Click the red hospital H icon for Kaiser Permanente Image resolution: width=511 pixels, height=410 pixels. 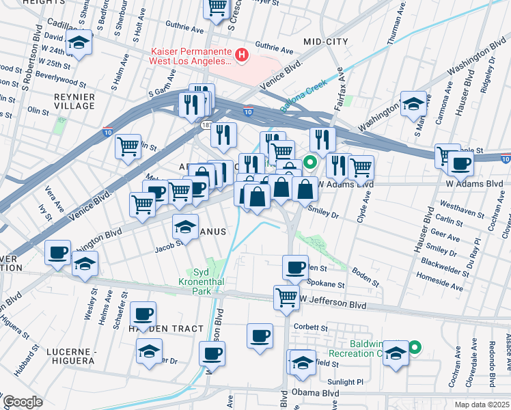(240, 54)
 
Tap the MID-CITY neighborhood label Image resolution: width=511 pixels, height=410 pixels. (325, 42)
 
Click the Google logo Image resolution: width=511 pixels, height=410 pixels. (23, 402)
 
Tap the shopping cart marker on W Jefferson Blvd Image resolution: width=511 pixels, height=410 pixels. (286, 297)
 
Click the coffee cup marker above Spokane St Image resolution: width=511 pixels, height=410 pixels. (296, 266)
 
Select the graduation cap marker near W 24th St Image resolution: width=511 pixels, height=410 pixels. (80, 43)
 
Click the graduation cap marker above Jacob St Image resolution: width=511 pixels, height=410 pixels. (185, 225)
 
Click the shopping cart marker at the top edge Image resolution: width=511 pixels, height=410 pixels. (217, 8)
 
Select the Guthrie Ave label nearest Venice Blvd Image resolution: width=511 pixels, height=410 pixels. (273, 51)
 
